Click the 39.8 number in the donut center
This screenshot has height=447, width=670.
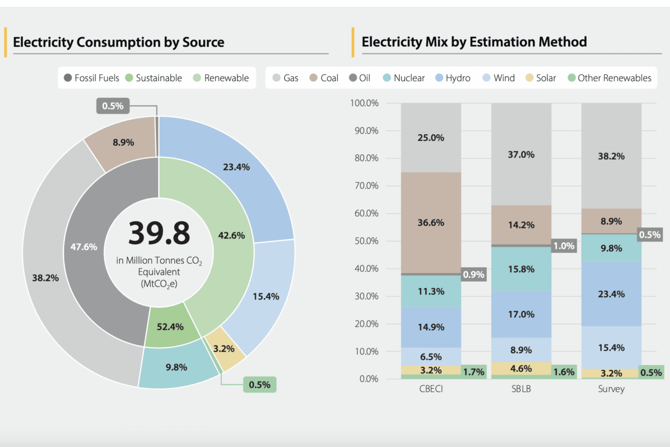point(159,233)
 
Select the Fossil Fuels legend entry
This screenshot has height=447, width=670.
point(92,78)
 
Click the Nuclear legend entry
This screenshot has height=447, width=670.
point(403,78)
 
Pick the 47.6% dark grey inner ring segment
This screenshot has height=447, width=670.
point(84,246)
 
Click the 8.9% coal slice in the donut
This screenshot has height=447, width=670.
point(123,142)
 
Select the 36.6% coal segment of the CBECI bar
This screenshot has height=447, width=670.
point(430,222)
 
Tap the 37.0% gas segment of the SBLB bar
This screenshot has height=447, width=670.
point(521,154)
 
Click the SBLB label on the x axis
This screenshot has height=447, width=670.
point(521,389)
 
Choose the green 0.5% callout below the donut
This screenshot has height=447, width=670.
point(260,384)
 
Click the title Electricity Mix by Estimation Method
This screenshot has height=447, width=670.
point(474,42)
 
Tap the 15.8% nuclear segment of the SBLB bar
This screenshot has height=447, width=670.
point(521,269)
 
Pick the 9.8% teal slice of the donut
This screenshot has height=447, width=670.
point(176,367)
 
